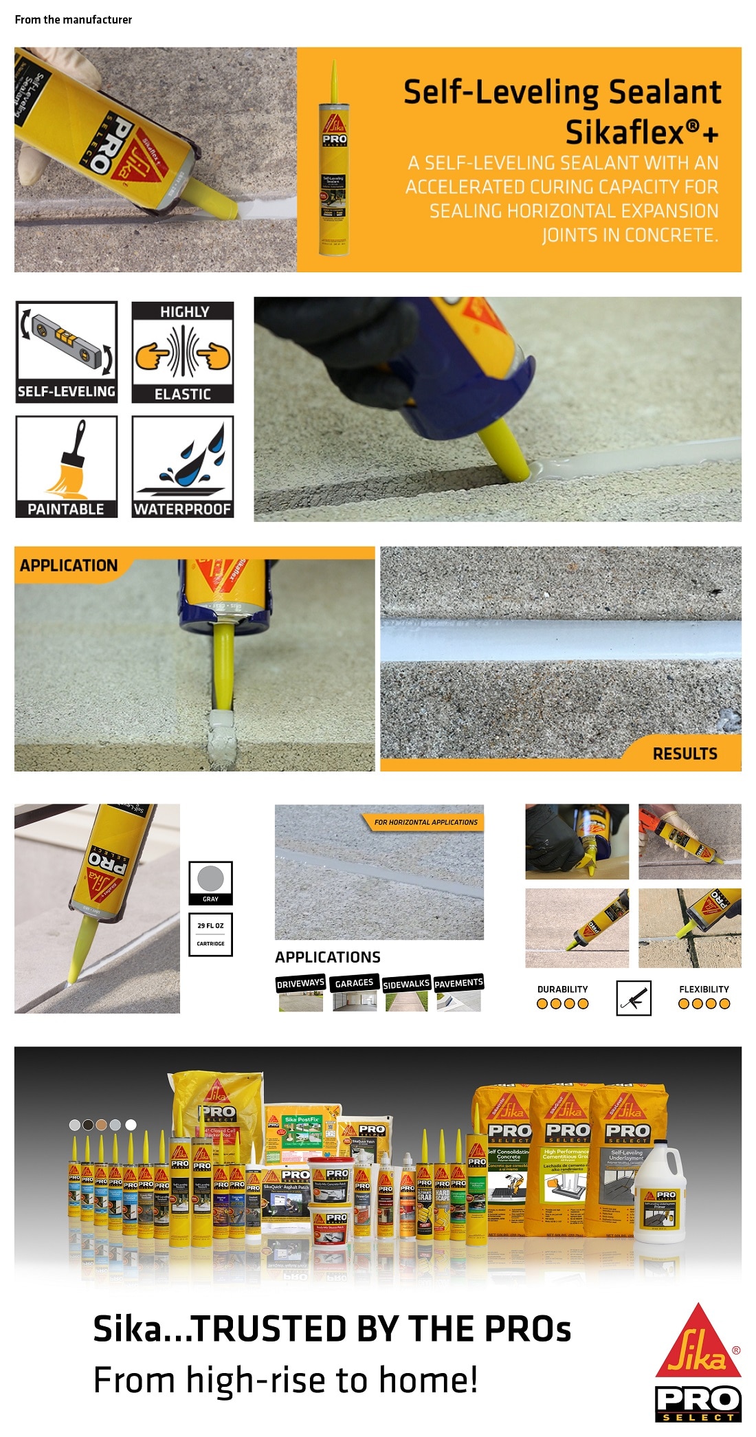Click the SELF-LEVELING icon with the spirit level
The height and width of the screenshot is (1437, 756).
coord(66,351)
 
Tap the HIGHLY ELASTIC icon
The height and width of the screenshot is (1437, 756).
coord(183,351)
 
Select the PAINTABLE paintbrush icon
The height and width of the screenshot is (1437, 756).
coord(66,466)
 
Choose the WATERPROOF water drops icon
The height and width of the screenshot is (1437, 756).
coord(183,466)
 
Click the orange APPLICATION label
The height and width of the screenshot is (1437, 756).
coord(69,565)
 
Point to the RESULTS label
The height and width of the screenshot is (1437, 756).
coord(685,754)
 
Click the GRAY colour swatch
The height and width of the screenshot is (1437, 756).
coord(210,882)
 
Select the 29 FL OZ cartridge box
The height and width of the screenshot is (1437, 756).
coord(210,934)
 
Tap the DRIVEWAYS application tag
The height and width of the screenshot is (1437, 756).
coord(300,984)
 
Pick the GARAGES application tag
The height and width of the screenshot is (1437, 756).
coord(354,983)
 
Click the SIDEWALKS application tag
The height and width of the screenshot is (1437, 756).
coord(406,984)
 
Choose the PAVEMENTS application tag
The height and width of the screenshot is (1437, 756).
coord(458,983)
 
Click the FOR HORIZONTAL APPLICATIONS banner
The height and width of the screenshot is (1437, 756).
coord(425,822)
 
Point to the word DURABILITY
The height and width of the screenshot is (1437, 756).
coord(562,989)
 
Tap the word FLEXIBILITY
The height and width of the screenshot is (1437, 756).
coord(704,989)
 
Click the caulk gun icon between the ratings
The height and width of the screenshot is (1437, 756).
coord(634,998)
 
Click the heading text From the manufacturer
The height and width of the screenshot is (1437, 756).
coord(74,20)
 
